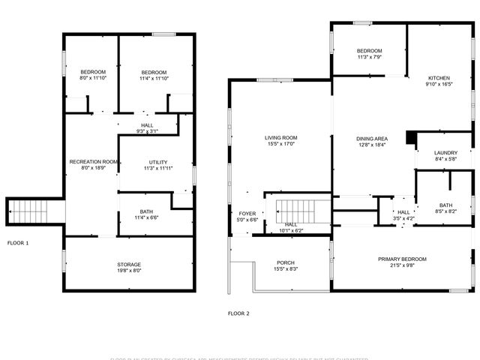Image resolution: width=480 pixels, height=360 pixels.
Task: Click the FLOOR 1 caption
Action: (x=18, y=243)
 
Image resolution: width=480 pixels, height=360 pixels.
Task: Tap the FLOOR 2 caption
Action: (x=238, y=313)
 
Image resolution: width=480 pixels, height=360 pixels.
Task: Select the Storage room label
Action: (x=129, y=264)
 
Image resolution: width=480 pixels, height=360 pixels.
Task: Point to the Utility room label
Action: (x=158, y=162)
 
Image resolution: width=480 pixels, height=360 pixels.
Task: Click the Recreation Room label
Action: (x=94, y=162)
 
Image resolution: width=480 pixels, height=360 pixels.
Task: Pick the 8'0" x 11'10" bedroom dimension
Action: (x=93, y=78)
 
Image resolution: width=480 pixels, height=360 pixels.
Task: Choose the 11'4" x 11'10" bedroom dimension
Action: (x=154, y=78)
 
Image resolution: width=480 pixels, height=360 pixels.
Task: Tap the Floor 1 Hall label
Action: (x=148, y=125)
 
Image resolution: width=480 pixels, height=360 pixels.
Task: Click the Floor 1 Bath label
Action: (x=146, y=211)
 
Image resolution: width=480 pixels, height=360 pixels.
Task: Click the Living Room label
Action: (x=281, y=137)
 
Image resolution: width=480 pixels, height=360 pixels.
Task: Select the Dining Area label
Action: (x=371, y=138)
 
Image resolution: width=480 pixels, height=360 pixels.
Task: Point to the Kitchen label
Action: (x=439, y=78)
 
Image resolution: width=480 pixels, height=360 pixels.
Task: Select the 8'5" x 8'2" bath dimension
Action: (x=445, y=212)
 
